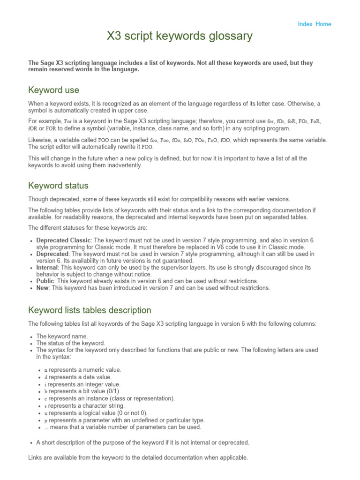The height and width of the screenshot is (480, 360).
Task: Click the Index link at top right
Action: [x=305, y=24]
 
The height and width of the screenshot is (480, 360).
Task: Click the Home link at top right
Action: [x=323, y=24]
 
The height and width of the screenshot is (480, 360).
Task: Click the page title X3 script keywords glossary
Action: [x=180, y=36]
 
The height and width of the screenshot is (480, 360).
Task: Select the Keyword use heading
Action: [x=53, y=90]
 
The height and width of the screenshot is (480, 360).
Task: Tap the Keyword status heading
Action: [x=58, y=185]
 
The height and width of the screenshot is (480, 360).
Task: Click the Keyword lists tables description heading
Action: [x=90, y=310]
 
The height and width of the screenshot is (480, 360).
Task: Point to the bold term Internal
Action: [x=47, y=268]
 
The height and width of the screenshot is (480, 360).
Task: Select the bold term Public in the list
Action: [x=45, y=281]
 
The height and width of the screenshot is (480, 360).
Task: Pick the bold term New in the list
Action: [x=42, y=288]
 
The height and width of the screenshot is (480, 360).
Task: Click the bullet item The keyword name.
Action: [x=62, y=336]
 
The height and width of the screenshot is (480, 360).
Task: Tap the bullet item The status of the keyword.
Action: [x=71, y=343]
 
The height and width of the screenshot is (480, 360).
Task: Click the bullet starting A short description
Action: [x=142, y=442]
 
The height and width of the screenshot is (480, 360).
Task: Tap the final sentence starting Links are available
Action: [x=138, y=457]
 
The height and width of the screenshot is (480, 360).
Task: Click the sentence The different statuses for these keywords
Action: [x=88, y=228]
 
